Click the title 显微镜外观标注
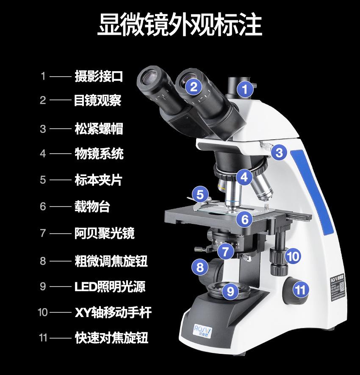click(180, 25)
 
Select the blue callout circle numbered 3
click(279, 152)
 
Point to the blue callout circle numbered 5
click(200, 194)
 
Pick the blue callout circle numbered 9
click(230, 291)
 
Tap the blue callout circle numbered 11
click(300, 290)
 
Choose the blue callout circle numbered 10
click(293, 256)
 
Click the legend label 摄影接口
click(99, 76)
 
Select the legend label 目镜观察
click(98, 100)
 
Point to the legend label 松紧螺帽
click(99, 129)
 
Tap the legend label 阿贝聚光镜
click(105, 233)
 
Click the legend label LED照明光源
click(110, 287)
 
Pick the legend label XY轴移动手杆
click(113, 313)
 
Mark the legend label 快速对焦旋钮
click(111, 338)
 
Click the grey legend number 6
click(43, 207)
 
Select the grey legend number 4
click(43, 154)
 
